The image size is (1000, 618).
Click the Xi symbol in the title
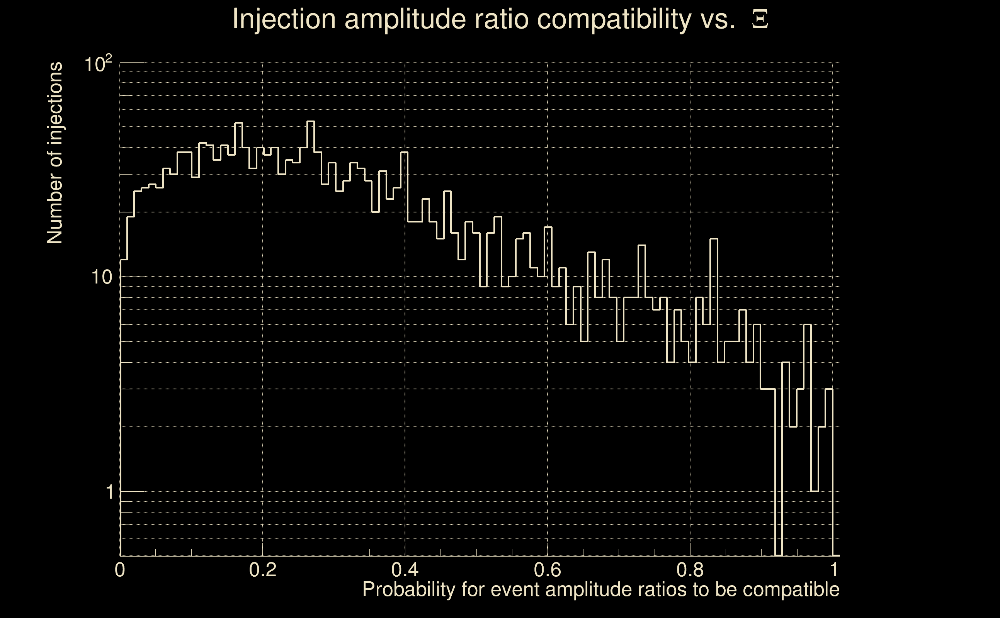click(x=760, y=19)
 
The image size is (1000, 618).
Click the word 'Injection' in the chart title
click(x=284, y=19)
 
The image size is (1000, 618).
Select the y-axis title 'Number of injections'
click(x=55, y=153)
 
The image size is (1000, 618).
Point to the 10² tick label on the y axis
click(x=98, y=64)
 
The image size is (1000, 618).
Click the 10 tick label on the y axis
click(x=101, y=278)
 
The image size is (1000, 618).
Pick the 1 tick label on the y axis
click(x=109, y=492)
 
